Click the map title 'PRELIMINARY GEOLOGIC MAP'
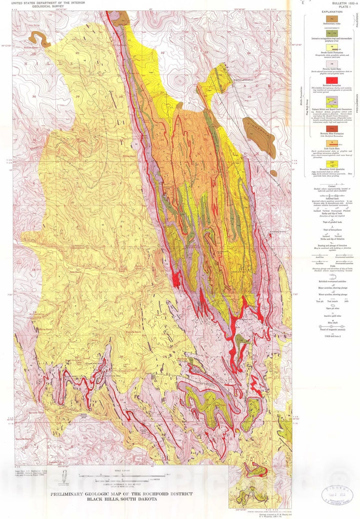tap(121, 494)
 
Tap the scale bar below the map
tap(120, 473)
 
